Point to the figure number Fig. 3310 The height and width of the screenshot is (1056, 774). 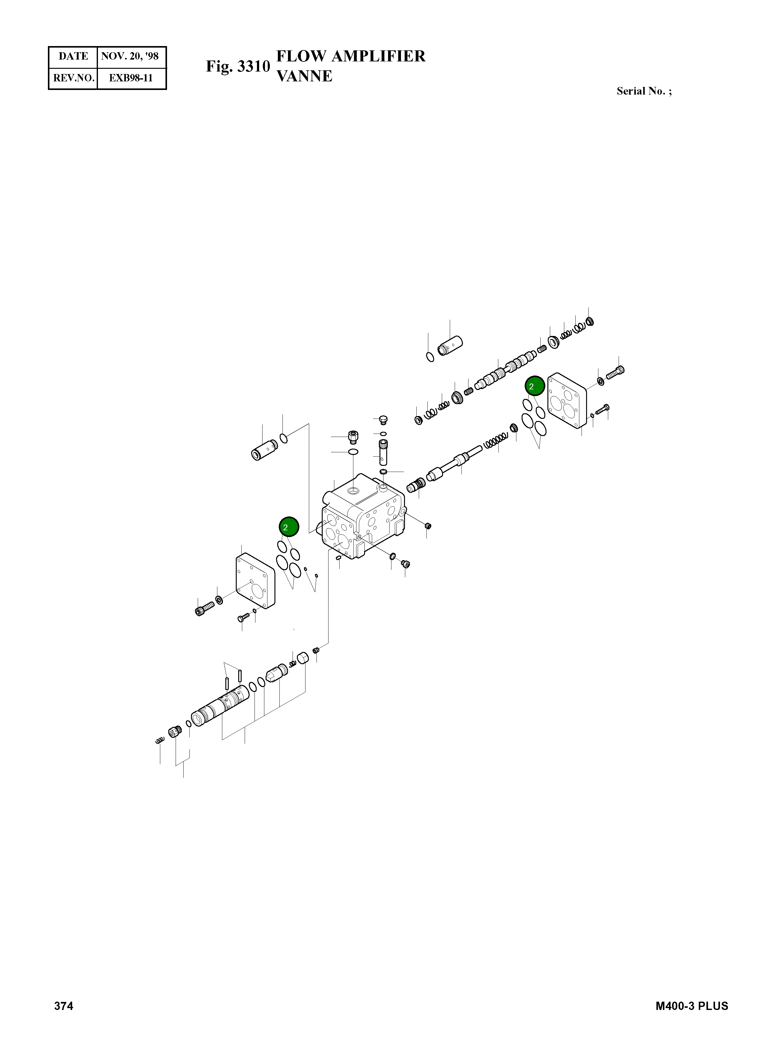[238, 67]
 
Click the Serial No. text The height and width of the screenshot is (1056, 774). [644, 92]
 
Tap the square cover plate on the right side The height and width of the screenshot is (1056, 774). [567, 401]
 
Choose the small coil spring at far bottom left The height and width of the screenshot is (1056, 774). [160, 740]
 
